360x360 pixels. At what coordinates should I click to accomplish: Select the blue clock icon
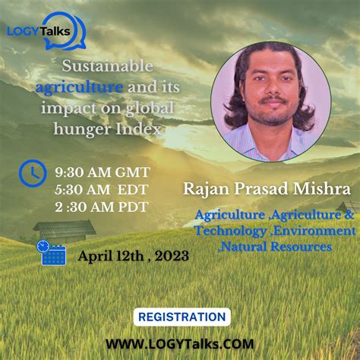pyautogui.click(x=31, y=172)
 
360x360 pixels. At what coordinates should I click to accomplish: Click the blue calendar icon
pyautogui.click(x=53, y=253)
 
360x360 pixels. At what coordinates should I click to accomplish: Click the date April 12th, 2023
pyautogui.click(x=133, y=256)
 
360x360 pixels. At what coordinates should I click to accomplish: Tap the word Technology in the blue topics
pyautogui.click(x=230, y=230)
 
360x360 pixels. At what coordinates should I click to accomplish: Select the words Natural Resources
pyautogui.click(x=276, y=247)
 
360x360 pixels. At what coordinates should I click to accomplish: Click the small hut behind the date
pyautogui.click(x=65, y=229)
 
